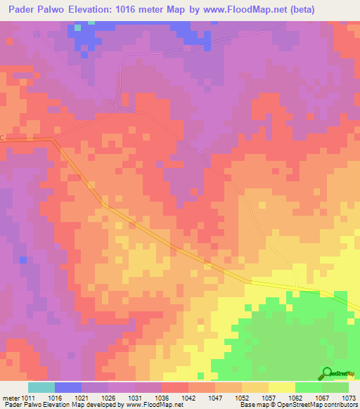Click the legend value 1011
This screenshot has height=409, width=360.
coord(29,398)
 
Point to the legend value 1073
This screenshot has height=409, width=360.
coord(349,398)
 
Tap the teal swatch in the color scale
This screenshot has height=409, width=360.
coord(41,387)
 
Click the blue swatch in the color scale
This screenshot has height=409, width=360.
coord(67,387)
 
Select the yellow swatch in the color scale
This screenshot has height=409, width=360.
coord(281,387)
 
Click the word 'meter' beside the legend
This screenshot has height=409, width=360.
coord(11,398)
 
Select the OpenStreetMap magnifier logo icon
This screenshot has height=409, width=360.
coord(327,373)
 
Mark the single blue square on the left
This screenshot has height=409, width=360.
coord(23,260)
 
